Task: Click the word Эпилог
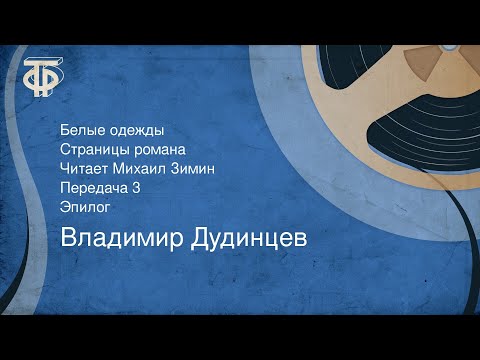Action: [84, 208]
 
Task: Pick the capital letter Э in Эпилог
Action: [65, 208]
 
